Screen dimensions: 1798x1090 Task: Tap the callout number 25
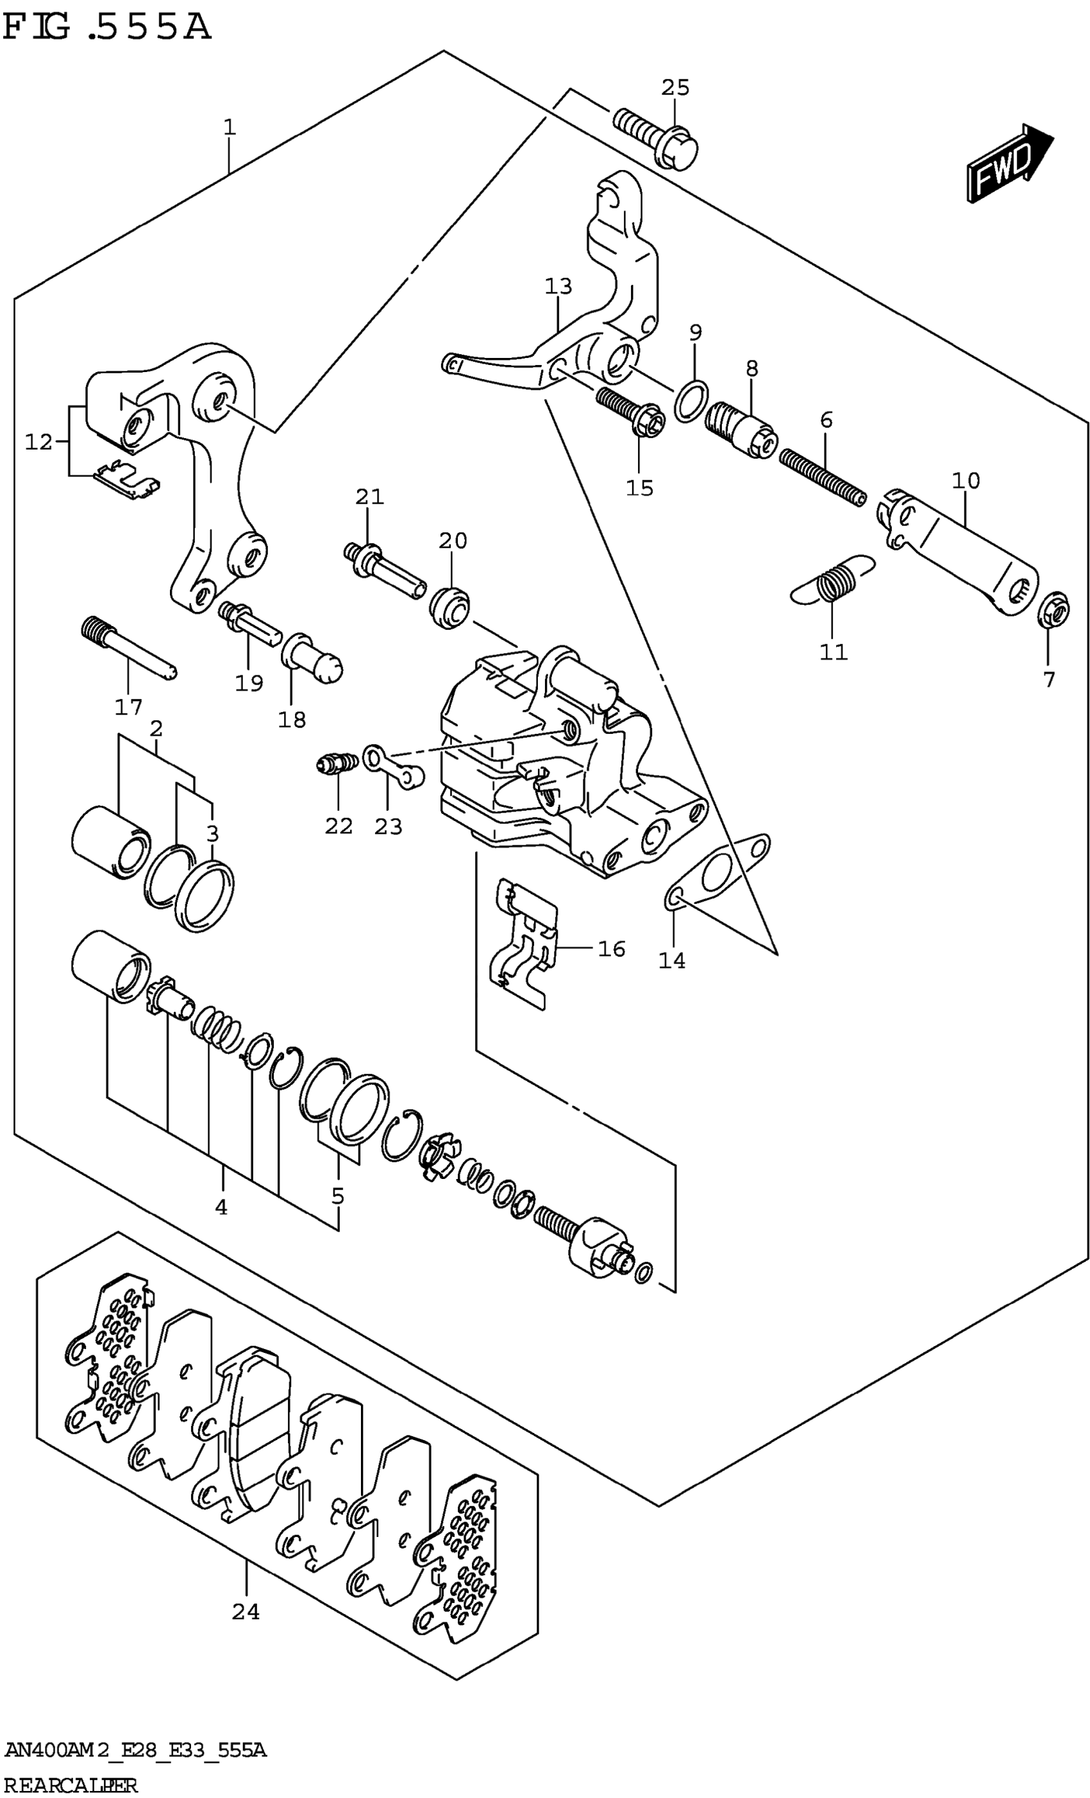pyautogui.click(x=675, y=88)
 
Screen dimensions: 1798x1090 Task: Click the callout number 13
pyautogui.click(x=558, y=286)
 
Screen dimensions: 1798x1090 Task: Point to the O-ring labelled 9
pyautogui.click(x=689, y=400)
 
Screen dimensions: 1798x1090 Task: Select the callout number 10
pyautogui.click(x=965, y=480)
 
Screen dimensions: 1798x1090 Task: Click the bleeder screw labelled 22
pyautogui.click(x=335, y=764)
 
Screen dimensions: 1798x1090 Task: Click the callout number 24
pyautogui.click(x=246, y=1611)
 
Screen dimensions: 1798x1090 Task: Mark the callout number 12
pyautogui.click(x=38, y=441)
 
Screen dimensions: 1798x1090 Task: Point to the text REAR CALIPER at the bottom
pyautogui.click(x=69, y=1785)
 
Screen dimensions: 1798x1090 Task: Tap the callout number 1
pyautogui.click(x=229, y=128)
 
